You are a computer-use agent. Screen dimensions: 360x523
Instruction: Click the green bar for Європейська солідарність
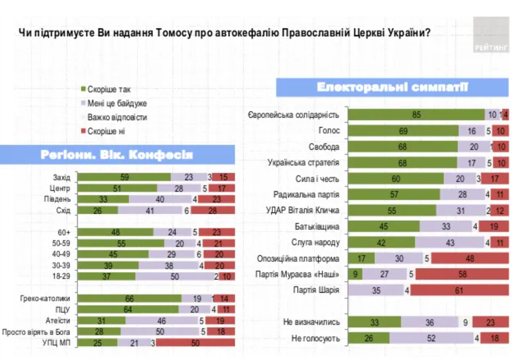pyautogui.click(x=416, y=115)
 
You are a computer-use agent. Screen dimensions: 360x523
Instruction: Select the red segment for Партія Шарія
pyautogui.click(x=459, y=290)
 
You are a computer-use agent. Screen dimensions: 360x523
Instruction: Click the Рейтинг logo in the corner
pyautogui.click(x=491, y=35)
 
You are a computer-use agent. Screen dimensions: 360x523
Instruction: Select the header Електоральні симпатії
pyautogui.click(x=392, y=88)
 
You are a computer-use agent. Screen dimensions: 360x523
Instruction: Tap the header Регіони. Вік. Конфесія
pyautogui.click(x=117, y=155)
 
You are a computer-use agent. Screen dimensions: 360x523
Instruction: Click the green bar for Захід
pyautogui.click(x=124, y=177)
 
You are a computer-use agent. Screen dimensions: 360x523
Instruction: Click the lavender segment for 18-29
pyautogui.click(x=174, y=277)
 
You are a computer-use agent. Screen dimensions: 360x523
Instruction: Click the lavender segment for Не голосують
pyautogui.click(x=431, y=339)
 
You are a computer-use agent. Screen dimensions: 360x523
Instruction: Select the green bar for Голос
pyautogui.click(x=403, y=131)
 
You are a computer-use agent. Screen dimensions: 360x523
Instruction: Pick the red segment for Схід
pyautogui.click(x=213, y=210)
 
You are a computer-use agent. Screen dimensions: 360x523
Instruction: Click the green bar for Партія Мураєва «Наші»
pyautogui.click(x=355, y=275)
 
